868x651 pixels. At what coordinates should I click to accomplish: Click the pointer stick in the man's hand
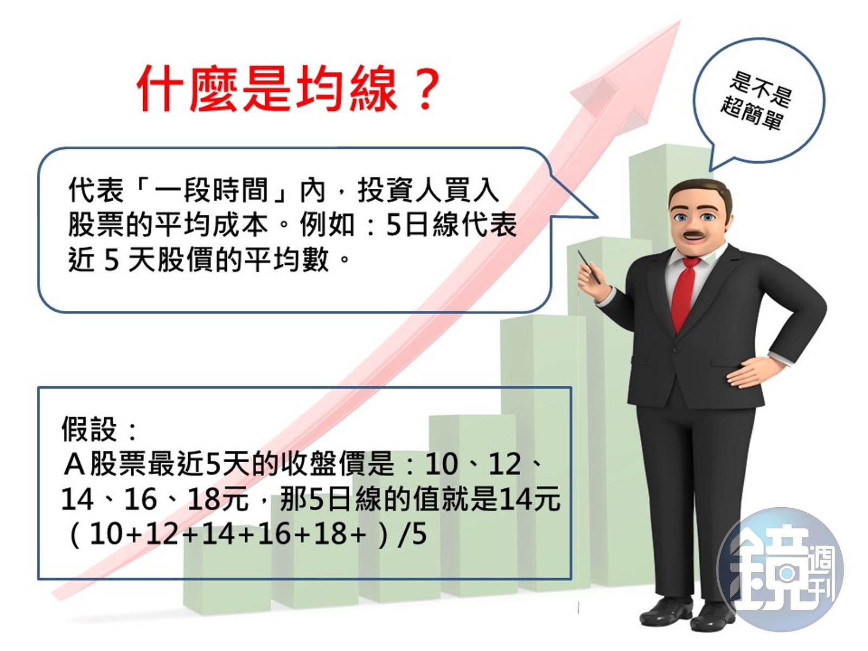589,266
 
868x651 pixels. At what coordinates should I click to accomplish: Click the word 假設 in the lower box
89,429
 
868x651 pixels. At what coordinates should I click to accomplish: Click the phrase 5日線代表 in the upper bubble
451,225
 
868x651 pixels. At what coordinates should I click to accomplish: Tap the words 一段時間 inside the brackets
212,190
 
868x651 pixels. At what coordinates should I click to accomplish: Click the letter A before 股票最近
74,464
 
